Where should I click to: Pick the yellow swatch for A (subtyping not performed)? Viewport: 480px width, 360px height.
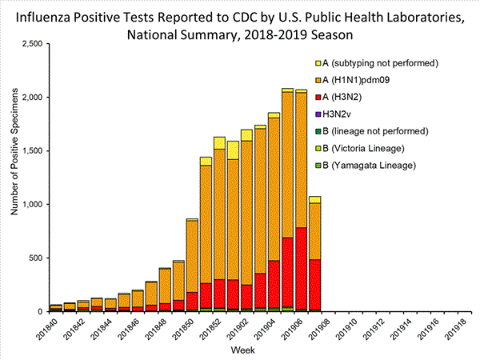pyautogui.click(x=318, y=62)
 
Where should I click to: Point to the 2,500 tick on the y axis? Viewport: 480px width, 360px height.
pyautogui.click(x=30, y=44)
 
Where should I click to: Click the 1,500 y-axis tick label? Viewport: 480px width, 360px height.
pyautogui.click(x=30, y=150)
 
